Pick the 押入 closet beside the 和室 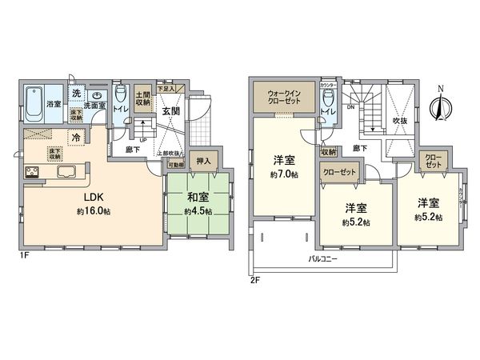(204, 161)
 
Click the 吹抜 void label (399, 121)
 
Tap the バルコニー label (325, 259)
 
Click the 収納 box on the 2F (327, 152)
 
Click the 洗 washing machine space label (75, 94)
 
